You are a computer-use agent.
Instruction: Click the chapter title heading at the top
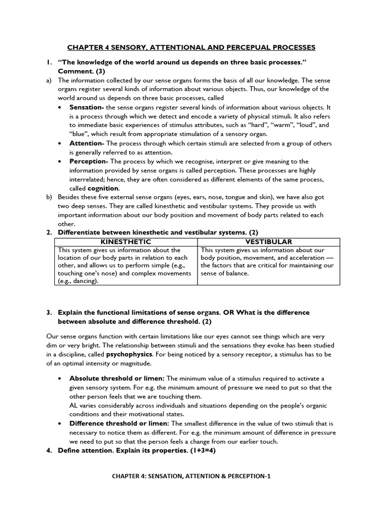point(191,47)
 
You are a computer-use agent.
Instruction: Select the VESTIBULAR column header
point(268,242)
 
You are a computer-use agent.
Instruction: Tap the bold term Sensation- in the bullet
point(86,107)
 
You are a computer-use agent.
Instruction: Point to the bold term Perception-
point(88,161)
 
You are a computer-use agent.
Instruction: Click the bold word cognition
point(103,188)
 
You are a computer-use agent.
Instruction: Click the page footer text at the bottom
point(191,476)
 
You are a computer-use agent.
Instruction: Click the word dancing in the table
point(83,281)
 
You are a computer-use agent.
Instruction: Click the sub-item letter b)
point(49,197)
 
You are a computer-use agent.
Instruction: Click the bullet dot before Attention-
point(60,143)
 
